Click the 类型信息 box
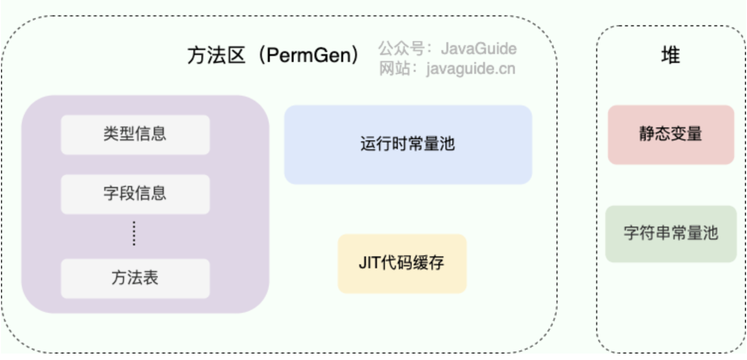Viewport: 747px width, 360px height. (135, 134)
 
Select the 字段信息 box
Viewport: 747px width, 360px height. (135, 194)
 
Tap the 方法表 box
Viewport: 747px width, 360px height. (135, 278)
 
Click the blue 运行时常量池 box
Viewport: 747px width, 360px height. (408, 144)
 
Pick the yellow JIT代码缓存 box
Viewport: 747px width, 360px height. (402, 263)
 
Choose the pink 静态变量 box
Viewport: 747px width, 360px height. (671, 134)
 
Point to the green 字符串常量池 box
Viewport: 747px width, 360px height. (671, 234)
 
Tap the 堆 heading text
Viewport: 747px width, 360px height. (671, 55)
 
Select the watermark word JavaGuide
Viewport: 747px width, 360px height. (478, 49)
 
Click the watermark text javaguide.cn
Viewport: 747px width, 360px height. (470, 68)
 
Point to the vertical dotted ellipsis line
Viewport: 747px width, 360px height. (134, 234)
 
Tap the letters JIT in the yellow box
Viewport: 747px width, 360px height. (370, 263)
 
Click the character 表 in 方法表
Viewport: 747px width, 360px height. (151, 278)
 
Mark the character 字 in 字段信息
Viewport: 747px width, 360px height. (111, 194)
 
